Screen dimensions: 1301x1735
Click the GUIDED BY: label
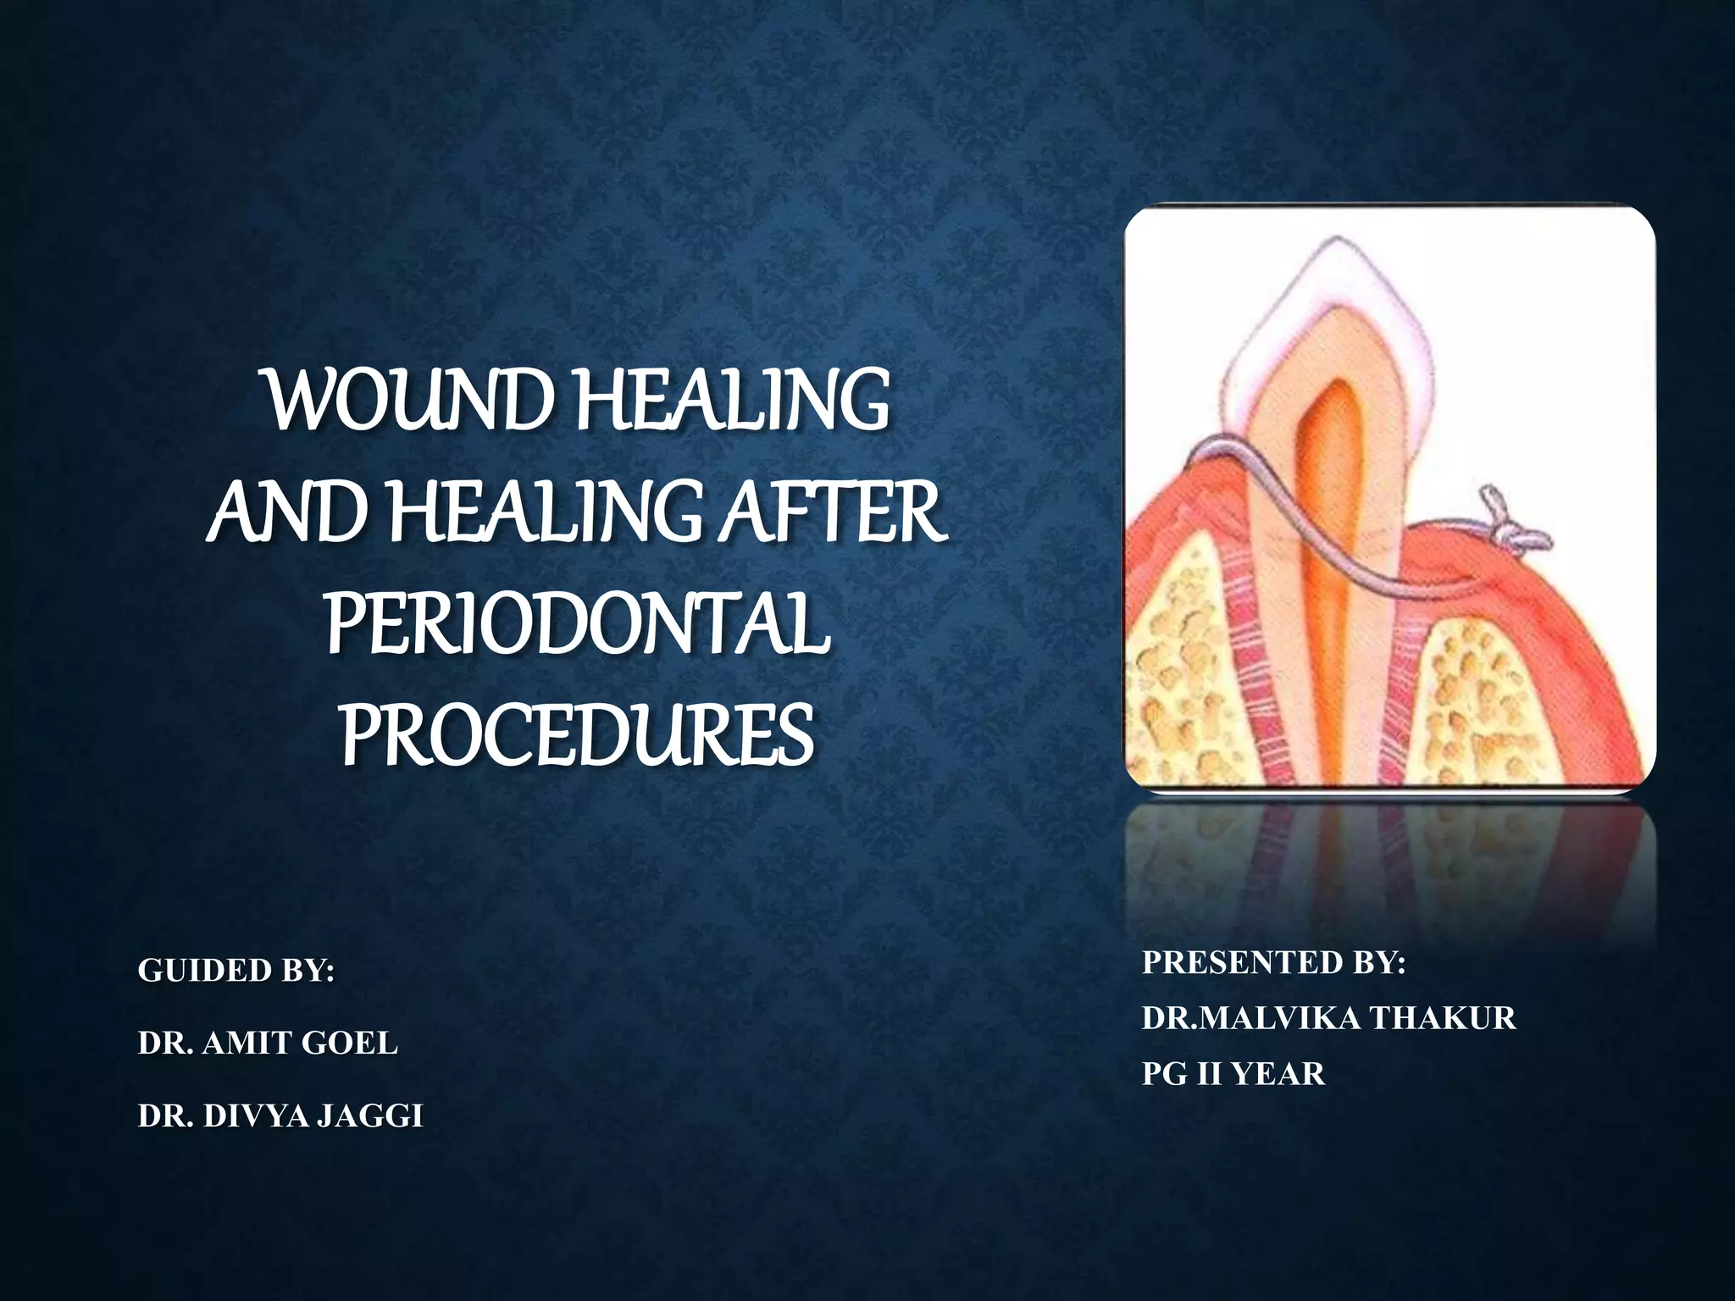pos(236,971)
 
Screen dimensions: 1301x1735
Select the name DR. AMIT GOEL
pos(268,1044)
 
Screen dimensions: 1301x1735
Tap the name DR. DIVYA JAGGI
pos(280,1116)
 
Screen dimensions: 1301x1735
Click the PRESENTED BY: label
pos(1273,963)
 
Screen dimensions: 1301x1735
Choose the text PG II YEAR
pos(1233,1074)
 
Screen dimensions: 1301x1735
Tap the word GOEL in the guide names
pos(349,1044)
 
